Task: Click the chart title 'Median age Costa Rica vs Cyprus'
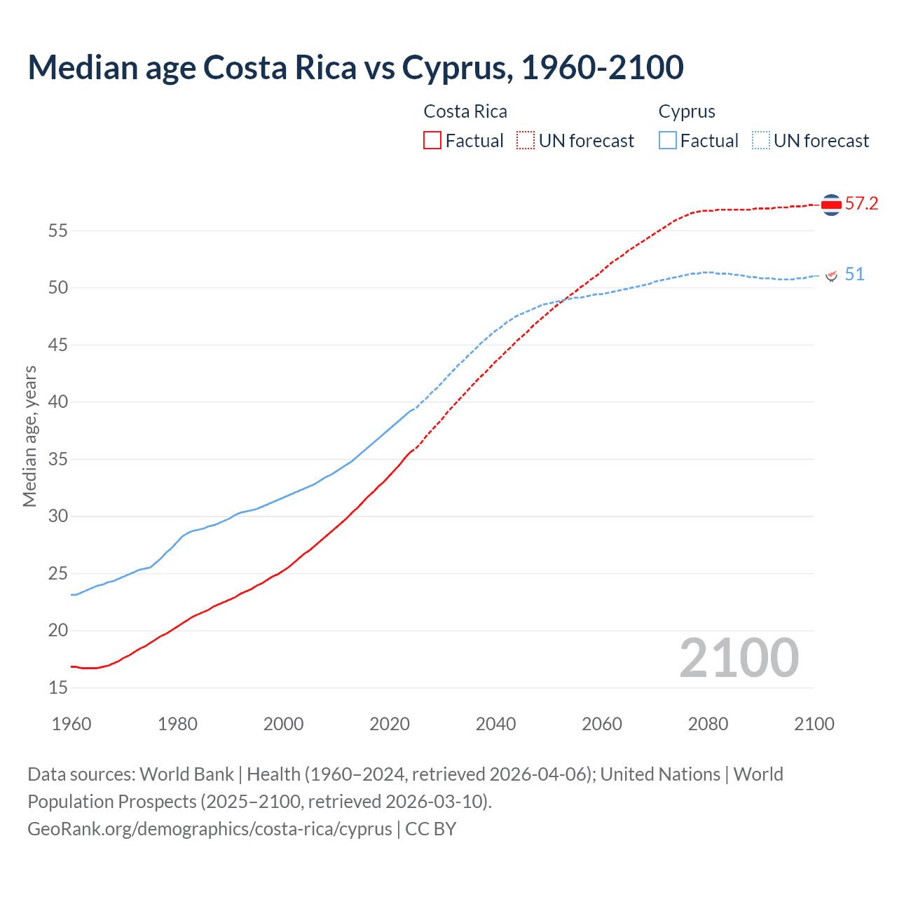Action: [355, 67]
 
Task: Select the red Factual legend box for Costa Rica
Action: [432, 141]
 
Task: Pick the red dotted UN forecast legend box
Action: [526, 141]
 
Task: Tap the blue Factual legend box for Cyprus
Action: [668, 141]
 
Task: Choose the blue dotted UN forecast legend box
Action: [761, 141]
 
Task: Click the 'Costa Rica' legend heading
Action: [465, 111]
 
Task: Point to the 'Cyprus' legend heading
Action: [687, 111]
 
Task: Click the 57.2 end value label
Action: [861, 204]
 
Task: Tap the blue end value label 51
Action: [854, 274]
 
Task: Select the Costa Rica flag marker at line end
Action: [831, 205]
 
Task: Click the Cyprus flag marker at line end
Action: [832, 275]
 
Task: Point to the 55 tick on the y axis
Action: [58, 231]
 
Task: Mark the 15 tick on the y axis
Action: [58, 688]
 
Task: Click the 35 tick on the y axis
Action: [58, 459]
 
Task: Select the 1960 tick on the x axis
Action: [71, 724]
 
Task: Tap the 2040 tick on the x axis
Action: [495, 724]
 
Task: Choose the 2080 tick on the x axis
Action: [708, 724]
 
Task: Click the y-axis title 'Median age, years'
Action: [29, 436]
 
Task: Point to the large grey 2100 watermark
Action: [739, 658]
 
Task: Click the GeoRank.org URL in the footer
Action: [210, 829]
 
